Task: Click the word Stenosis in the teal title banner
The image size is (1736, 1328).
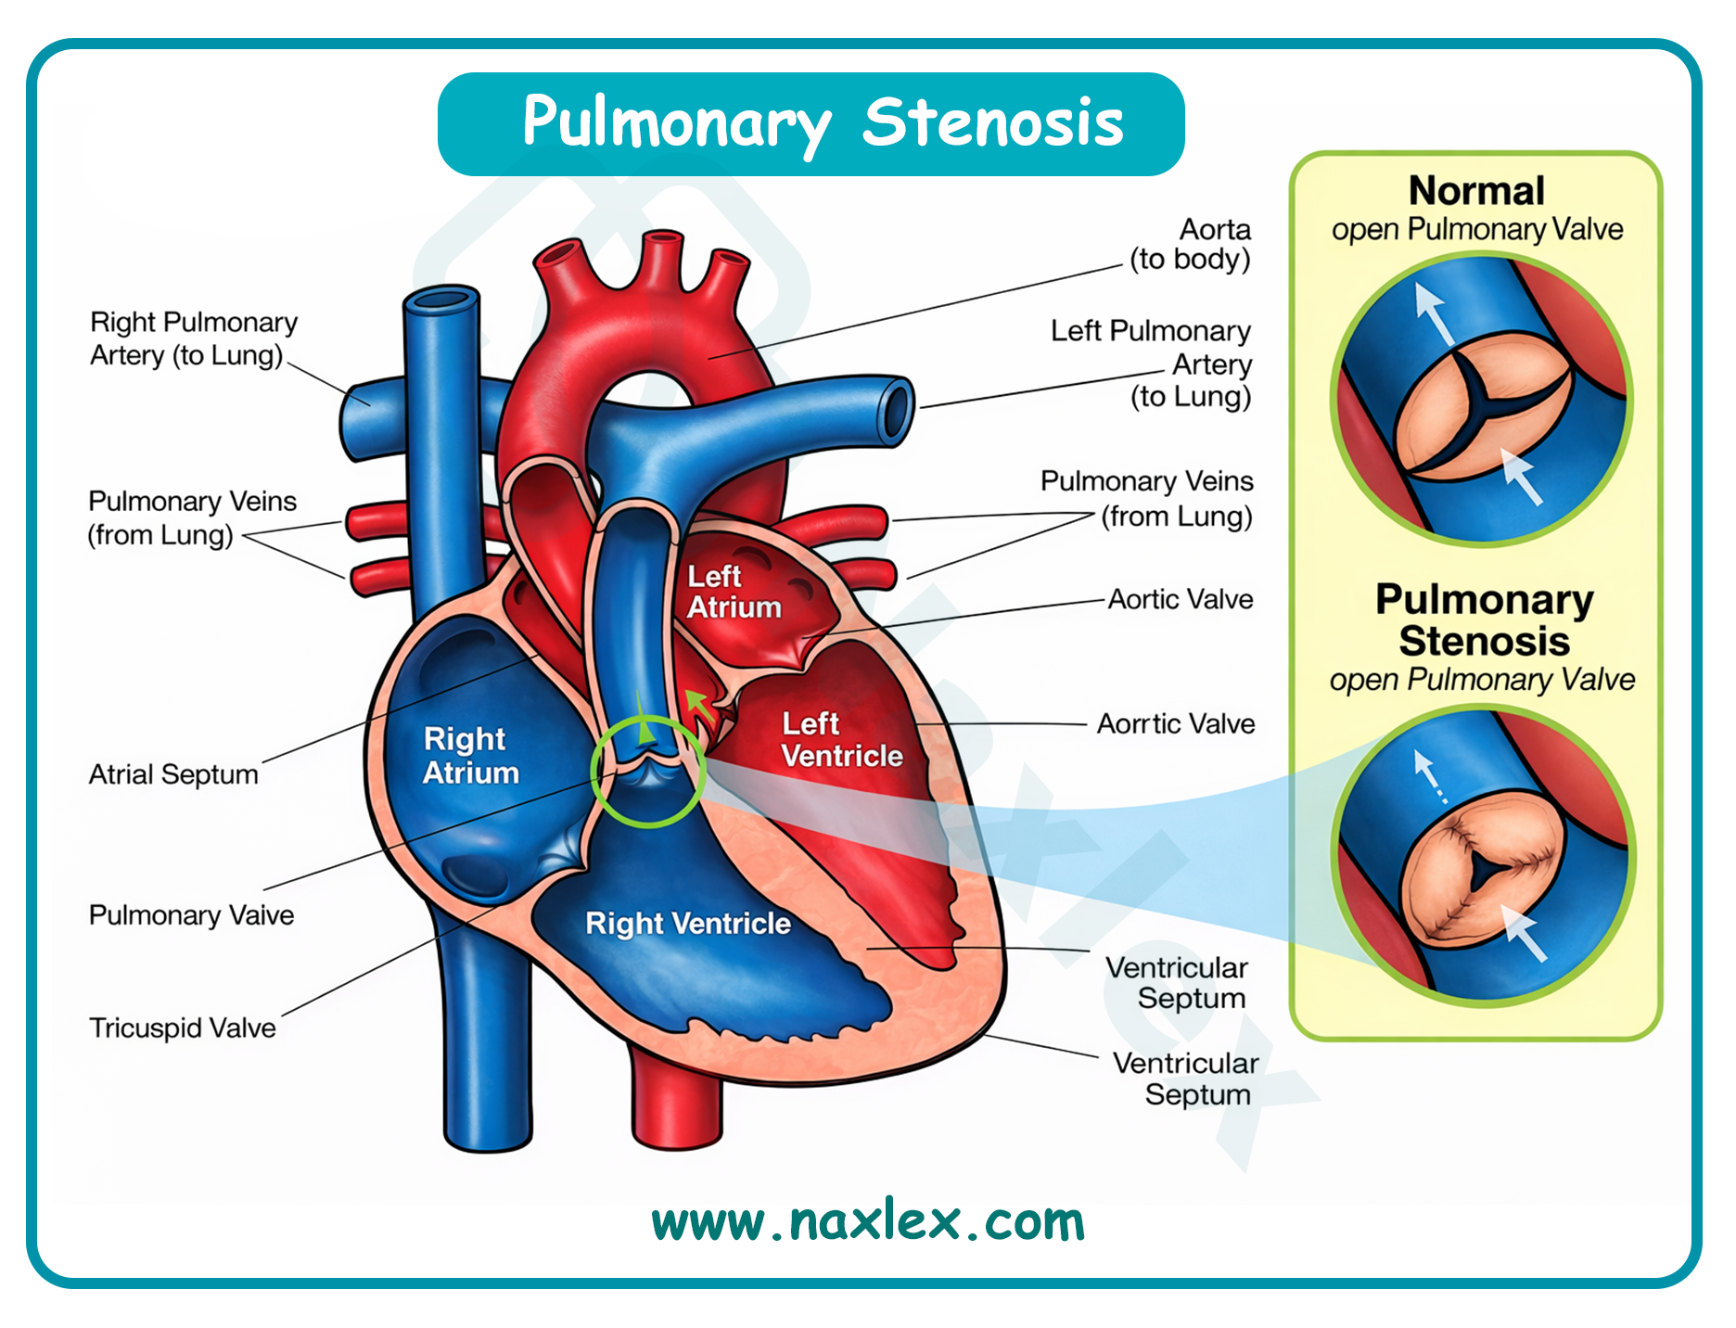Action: tap(992, 122)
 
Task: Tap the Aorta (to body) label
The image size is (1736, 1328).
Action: tap(1191, 244)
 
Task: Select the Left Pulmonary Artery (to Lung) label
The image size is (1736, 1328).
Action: tap(1152, 364)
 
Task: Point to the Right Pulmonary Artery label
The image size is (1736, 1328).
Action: tap(193, 338)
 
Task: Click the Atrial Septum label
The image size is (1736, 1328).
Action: tap(173, 774)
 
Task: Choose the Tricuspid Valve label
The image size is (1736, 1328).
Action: tap(183, 1028)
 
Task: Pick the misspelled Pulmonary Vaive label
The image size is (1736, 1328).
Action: tap(191, 915)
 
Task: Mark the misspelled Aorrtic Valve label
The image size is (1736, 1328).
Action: tap(1176, 723)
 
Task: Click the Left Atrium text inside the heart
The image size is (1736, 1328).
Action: tap(734, 592)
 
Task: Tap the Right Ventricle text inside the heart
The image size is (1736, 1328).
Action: tap(688, 924)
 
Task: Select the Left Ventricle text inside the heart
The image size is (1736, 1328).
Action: tap(841, 740)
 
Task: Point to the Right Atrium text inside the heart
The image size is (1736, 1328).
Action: tap(470, 756)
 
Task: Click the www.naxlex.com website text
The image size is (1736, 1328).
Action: tap(868, 1221)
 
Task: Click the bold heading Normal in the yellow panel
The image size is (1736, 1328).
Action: tap(1476, 191)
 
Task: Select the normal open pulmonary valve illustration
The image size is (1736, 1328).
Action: tap(1481, 401)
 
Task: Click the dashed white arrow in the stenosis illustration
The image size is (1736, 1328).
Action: tap(1429, 775)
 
